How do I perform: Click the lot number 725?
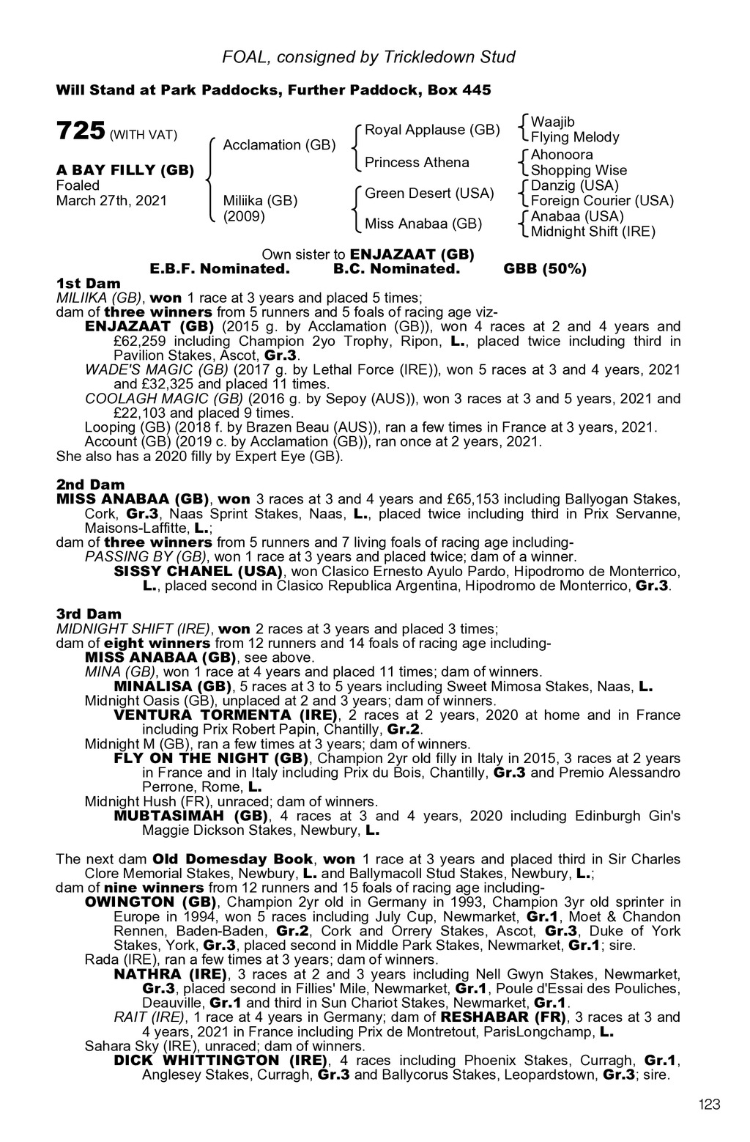(80, 131)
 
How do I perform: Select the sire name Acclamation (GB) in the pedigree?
(279, 145)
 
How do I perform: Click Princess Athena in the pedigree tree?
(417, 162)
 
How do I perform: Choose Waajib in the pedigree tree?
(553, 122)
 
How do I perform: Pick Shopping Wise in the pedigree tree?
(579, 170)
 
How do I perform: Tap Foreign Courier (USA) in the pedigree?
(602, 201)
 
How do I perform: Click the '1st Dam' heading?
(88, 283)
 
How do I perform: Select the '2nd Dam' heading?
(90, 485)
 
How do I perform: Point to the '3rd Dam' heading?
(89, 614)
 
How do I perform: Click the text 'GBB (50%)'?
(545, 269)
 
